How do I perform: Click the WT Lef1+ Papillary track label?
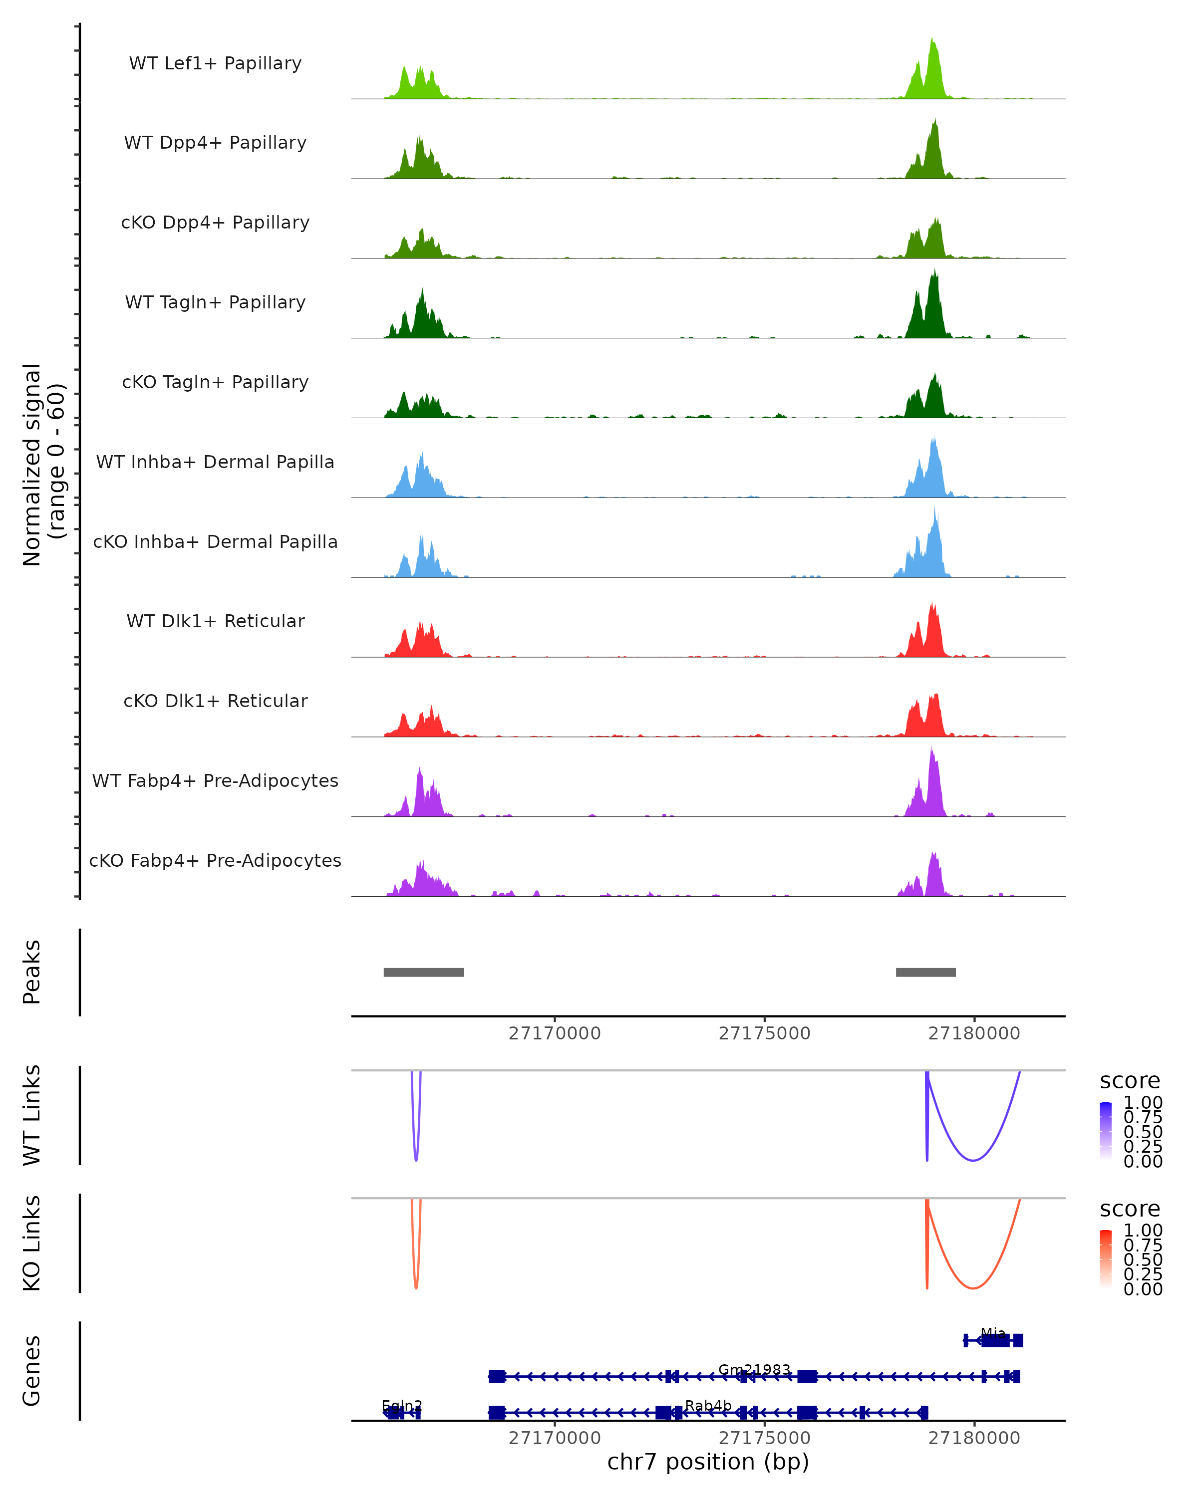(215, 63)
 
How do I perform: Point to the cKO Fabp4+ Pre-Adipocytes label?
(215, 860)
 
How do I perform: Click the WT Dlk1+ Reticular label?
(215, 621)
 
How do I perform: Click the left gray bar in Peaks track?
(424, 972)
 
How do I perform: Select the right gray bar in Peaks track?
(926, 972)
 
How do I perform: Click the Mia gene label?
(993, 1333)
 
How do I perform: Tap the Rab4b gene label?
(708, 1405)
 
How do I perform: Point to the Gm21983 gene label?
(754, 1369)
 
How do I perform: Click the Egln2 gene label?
(402, 1405)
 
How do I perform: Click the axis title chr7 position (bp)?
(708, 1462)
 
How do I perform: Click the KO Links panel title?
(32, 1243)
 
